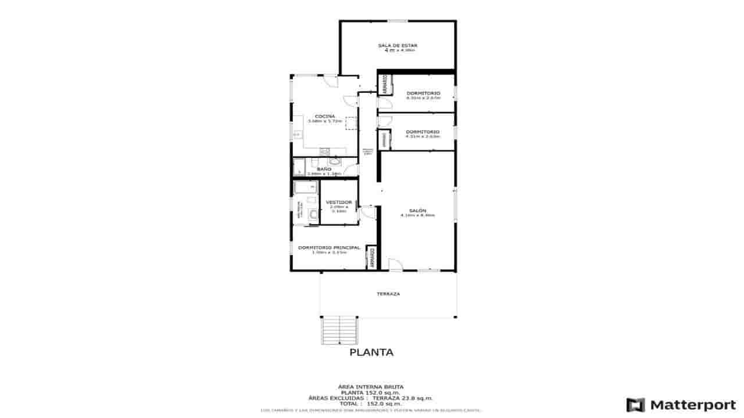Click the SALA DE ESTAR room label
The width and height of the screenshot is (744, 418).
[398, 45]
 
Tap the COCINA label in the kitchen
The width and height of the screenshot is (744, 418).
[324, 116]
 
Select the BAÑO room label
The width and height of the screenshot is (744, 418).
[324, 169]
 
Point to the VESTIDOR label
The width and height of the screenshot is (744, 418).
[339, 202]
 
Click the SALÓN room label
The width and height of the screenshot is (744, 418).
[417, 210]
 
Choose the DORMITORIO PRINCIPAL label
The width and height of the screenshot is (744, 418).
[329, 247]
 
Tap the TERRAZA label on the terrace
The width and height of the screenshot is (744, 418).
[388, 294]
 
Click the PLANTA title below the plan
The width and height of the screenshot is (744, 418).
[371, 352]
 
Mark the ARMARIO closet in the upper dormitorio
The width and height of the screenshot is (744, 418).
[385, 85]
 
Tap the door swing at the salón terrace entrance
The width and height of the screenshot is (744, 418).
[395, 265]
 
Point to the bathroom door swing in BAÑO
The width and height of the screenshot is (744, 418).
[352, 170]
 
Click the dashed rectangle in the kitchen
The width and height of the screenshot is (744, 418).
[350, 123]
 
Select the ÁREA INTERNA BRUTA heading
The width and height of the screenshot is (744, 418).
[371, 386]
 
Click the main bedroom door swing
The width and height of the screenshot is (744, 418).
[367, 212]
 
